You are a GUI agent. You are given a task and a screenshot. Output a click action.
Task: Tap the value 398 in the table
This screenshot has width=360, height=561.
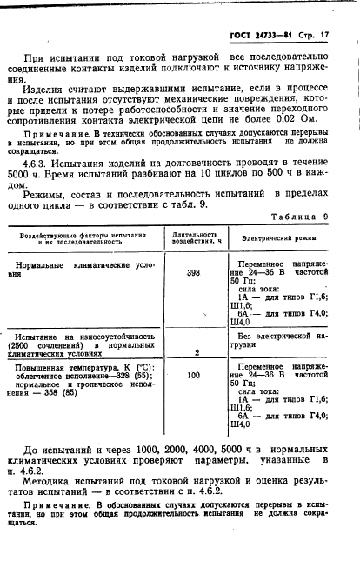[193, 272]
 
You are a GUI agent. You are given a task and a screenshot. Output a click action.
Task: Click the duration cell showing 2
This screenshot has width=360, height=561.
[197, 352]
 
